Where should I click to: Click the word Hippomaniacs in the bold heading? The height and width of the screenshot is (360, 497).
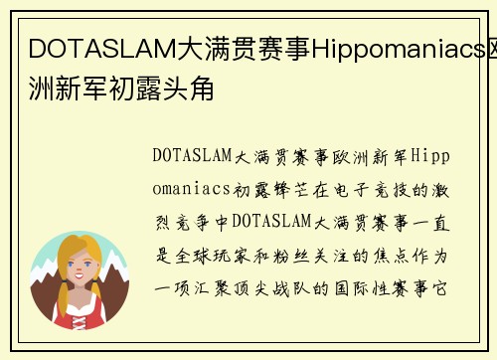pos(383,47)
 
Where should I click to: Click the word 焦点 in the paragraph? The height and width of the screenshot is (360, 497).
pos(404,255)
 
